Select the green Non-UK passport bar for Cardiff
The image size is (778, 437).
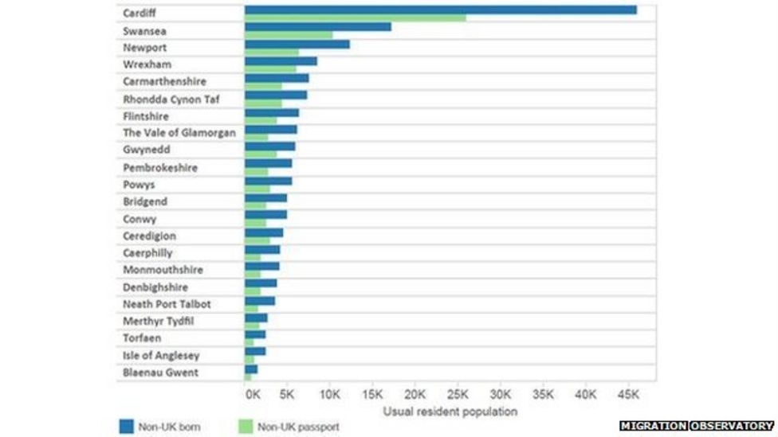pyautogui.click(x=355, y=18)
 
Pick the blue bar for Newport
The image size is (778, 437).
pyautogui.click(x=297, y=44)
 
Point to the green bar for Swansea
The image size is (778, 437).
pyautogui.click(x=288, y=35)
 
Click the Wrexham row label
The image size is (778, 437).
pyautogui.click(x=147, y=64)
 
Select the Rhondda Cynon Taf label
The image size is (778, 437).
pyautogui.click(x=171, y=99)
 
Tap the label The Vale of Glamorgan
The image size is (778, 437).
pyautogui.click(x=179, y=133)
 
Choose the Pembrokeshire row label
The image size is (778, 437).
pyautogui.click(x=159, y=168)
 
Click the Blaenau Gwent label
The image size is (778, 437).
pyautogui.click(x=160, y=373)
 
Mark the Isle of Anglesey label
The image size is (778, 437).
pyautogui.click(x=160, y=356)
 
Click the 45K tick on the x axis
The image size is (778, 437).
pyautogui.click(x=627, y=394)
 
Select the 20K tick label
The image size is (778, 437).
pyautogui.click(x=415, y=394)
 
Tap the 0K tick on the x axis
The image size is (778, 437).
pyautogui.click(x=252, y=394)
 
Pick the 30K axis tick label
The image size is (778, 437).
pyautogui.click(x=500, y=394)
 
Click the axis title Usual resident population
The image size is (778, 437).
pyautogui.click(x=450, y=412)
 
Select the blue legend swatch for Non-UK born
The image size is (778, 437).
pyautogui.click(x=126, y=427)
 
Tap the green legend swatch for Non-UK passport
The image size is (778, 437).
pyautogui.click(x=245, y=427)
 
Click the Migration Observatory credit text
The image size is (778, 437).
pyautogui.click(x=696, y=427)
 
